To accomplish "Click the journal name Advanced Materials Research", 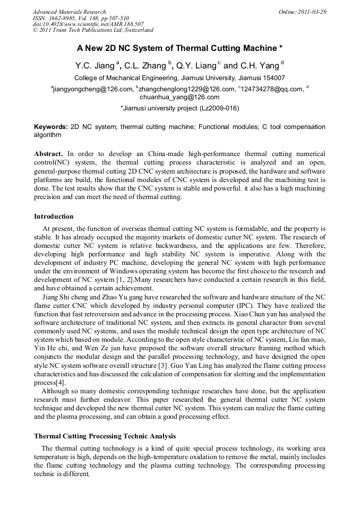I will (69, 12).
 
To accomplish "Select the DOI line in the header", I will (88, 24).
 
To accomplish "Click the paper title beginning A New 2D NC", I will (179, 48).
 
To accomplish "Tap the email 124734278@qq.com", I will (272, 89).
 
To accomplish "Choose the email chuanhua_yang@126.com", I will (179, 97).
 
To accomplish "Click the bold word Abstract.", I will (48, 153).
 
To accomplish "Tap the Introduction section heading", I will (54, 217).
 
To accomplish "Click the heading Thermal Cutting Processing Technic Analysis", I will (105, 436).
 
